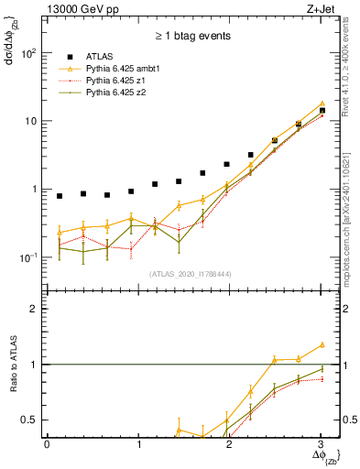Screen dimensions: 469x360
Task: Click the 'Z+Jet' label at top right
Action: click(x=321, y=10)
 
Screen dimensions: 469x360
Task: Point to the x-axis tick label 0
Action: click(x=47, y=446)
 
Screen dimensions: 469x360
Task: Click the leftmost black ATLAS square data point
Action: click(x=60, y=196)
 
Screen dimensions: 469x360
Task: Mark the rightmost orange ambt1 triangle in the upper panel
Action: click(x=322, y=104)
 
